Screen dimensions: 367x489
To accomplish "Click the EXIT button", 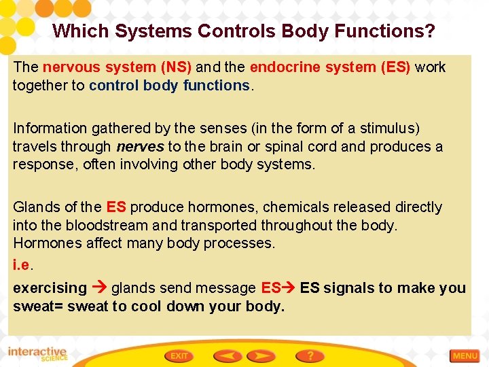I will coord(179,355).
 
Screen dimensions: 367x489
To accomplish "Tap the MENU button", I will coord(465,355).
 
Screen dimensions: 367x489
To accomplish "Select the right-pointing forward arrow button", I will coord(261,355).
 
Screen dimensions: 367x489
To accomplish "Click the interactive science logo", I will coord(37,354).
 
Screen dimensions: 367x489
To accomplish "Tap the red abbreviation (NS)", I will coord(176,67).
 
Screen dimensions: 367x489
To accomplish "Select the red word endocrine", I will coord(284,67).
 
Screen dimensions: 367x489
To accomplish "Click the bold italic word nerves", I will coord(140,147).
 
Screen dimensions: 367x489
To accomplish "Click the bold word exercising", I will coord(50,288).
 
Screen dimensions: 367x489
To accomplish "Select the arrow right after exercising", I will coord(98,288).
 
